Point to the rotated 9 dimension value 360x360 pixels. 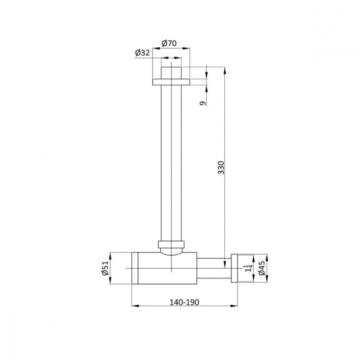[203, 103]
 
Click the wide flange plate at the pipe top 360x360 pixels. [171, 82]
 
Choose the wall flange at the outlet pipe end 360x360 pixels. [235, 268]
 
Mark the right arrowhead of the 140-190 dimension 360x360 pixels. [236, 306]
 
